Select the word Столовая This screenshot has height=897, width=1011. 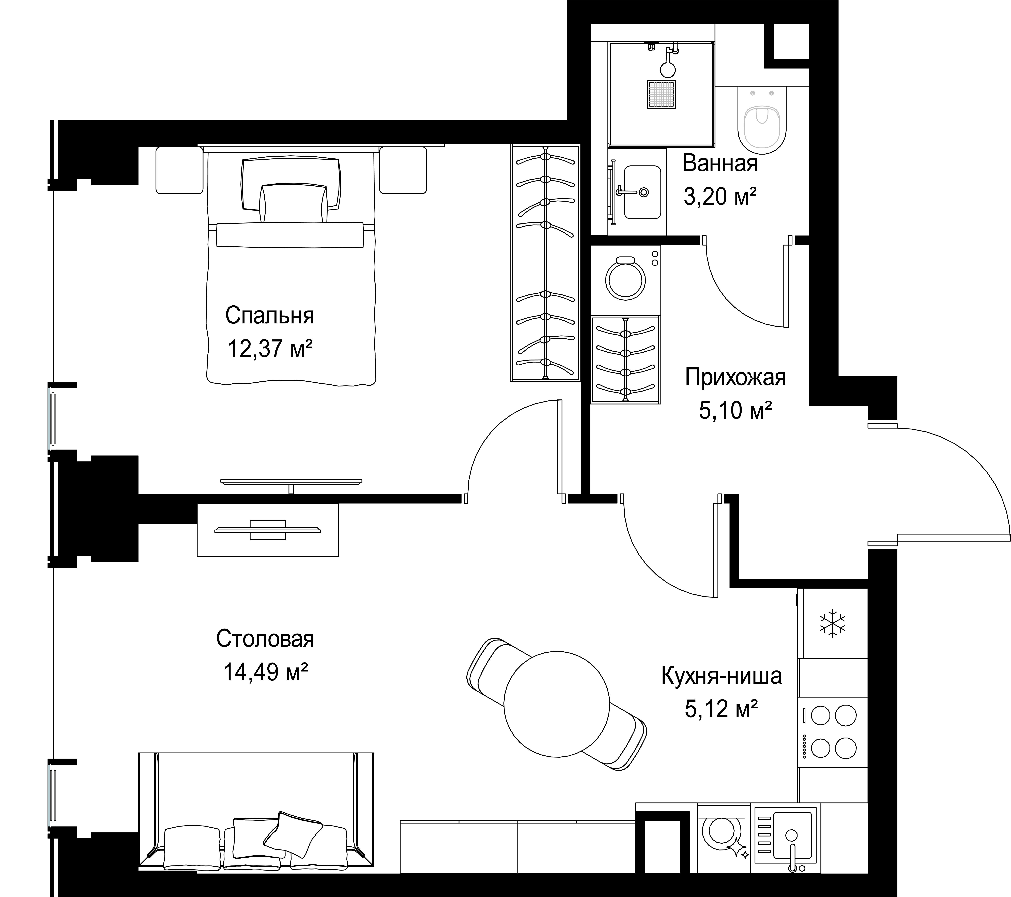(265, 639)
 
